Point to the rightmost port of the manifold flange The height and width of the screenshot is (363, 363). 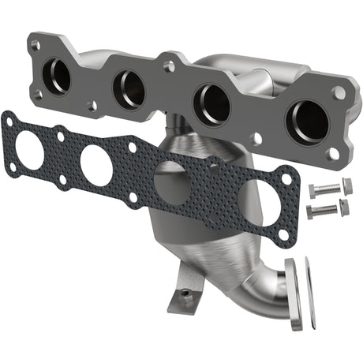(x=309, y=121)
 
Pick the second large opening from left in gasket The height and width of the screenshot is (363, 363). (x=95, y=166)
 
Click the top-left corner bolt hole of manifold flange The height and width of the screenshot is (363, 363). (x=35, y=47)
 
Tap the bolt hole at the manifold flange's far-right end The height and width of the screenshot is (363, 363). (x=339, y=92)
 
